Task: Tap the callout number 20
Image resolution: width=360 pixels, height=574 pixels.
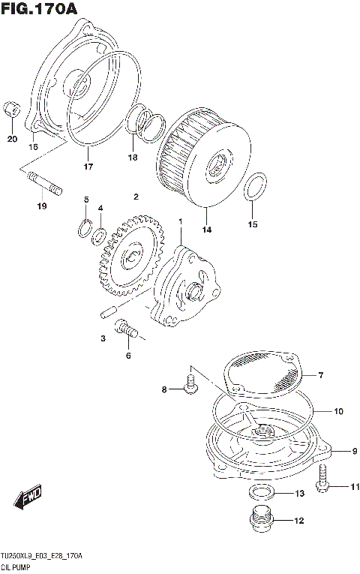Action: click(12, 140)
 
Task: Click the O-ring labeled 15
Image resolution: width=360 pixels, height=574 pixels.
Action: click(254, 188)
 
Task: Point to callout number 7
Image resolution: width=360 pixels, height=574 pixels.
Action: click(319, 374)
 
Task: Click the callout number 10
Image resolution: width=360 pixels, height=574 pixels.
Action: click(338, 411)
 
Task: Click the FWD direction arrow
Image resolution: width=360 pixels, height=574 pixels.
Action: click(28, 497)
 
